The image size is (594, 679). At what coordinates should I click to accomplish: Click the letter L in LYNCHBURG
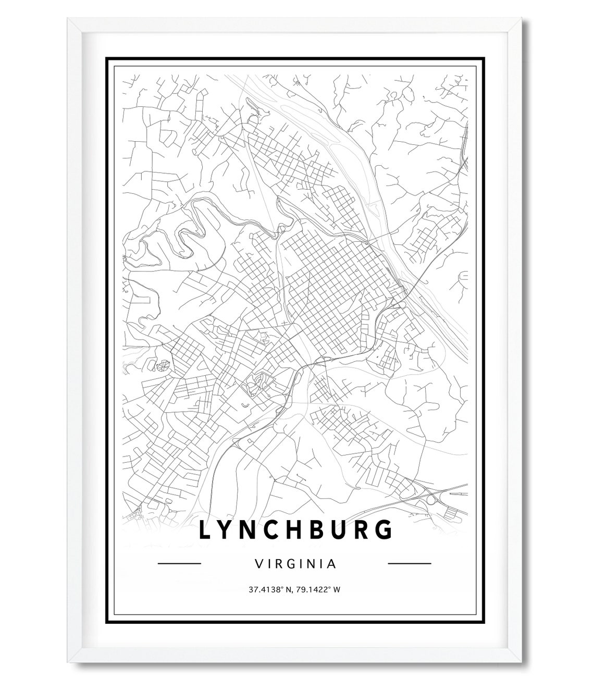click(205, 530)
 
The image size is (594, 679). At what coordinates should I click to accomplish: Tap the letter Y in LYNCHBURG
click(228, 530)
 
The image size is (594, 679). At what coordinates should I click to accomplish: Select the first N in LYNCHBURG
click(252, 530)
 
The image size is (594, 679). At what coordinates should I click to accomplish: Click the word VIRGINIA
click(295, 563)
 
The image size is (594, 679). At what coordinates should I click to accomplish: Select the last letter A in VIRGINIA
click(331, 563)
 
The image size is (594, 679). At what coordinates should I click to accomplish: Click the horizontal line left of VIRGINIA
click(179, 563)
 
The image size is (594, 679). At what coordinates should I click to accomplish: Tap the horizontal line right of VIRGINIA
click(410, 563)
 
